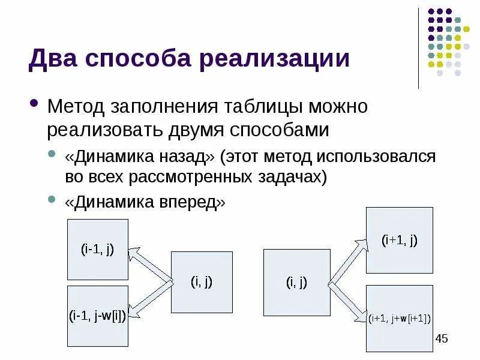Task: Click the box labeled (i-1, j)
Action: pyautogui.click(x=97, y=249)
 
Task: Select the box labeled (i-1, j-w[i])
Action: pyautogui.click(x=97, y=316)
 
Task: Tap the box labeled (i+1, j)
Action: pyautogui.click(x=399, y=240)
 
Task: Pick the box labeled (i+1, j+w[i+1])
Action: pyautogui.click(x=399, y=318)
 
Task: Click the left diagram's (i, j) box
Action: pyautogui.click(x=202, y=282)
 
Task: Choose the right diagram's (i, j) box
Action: pyautogui.click(x=296, y=282)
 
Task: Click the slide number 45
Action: pyautogui.click(x=441, y=339)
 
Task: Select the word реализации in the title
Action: pyautogui.click(x=273, y=60)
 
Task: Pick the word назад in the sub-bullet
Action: pyautogui.click(x=186, y=157)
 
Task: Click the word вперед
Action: pyautogui.click(x=191, y=202)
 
